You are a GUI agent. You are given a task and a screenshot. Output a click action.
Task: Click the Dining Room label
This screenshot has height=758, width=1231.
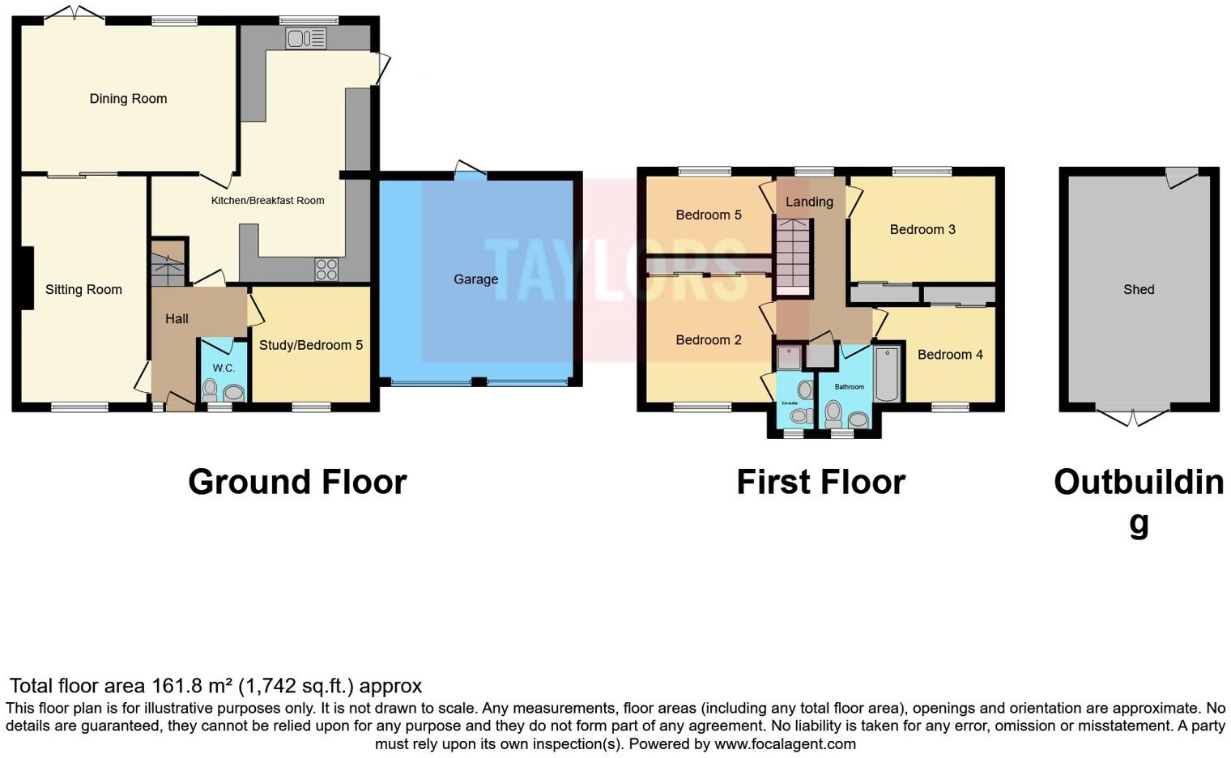(128, 99)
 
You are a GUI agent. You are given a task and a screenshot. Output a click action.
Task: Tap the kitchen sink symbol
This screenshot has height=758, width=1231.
(306, 38)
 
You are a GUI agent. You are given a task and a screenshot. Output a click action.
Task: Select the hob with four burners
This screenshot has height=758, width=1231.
(326, 269)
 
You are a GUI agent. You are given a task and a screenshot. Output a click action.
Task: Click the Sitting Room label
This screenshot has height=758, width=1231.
(83, 289)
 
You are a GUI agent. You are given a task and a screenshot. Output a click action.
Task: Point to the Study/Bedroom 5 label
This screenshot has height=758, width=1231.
(310, 345)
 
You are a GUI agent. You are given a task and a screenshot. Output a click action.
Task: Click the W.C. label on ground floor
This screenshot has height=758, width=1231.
(224, 368)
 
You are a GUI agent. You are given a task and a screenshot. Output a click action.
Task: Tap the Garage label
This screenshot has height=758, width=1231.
(475, 279)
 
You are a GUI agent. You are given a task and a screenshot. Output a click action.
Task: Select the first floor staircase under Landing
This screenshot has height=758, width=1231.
(793, 256)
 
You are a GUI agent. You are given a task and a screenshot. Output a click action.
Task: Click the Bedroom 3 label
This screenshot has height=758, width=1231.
(922, 229)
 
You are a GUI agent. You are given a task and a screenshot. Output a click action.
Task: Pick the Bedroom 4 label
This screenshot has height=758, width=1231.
(950, 355)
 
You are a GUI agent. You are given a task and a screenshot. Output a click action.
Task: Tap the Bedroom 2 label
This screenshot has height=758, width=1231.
(709, 340)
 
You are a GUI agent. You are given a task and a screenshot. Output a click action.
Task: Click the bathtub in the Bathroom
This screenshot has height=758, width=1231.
(887, 374)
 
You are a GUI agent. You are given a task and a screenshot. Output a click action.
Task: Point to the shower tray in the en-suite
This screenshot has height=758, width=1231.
(788, 357)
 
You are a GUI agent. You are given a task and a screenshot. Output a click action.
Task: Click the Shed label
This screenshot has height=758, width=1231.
(1139, 289)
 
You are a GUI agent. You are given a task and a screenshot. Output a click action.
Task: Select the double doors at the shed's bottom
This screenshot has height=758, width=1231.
(1133, 416)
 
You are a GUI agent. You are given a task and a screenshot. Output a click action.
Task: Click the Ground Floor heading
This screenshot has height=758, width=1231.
(297, 482)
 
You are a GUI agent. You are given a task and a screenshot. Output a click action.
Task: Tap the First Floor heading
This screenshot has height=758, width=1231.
(820, 482)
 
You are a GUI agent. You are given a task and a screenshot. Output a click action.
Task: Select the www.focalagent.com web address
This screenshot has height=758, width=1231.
(785, 743)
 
